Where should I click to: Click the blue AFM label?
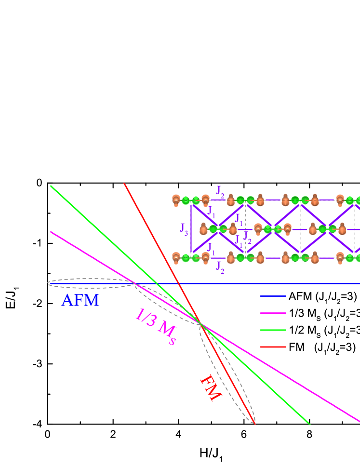(x=80, y=301)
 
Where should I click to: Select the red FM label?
(x=210, y=388)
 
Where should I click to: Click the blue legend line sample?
(x=273, y=296)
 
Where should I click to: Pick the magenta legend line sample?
(x=273, y=313)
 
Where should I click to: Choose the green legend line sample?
(x=273, y=330)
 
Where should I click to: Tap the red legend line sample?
(x=273, y=346)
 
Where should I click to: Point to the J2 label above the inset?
(x=220, y=191)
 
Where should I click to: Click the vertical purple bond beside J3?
(x=191, y=228)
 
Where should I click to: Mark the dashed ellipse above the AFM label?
(x=91, y=279)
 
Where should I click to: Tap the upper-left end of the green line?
(x=51, y=186)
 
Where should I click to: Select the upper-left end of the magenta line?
(x=51, y=232)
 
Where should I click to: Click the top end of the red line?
(x=124, y=184)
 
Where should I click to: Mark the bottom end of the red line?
(x=254, y=424)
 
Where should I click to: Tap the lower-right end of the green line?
(x=309, y=425)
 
